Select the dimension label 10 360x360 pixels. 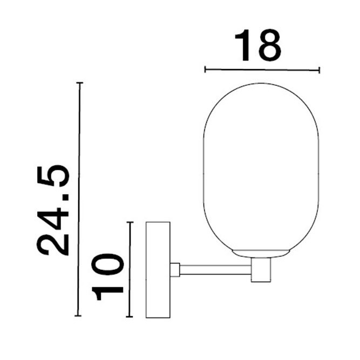(108, 276)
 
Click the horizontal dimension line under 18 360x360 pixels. (262, 69)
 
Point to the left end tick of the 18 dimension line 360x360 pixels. (205, 69)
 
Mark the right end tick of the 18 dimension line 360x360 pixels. (320, 69)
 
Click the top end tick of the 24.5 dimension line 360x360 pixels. (80, 83)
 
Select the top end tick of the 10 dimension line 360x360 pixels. (130, 222)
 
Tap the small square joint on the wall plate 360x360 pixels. (175, 269)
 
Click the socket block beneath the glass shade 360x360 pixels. (261, 269)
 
